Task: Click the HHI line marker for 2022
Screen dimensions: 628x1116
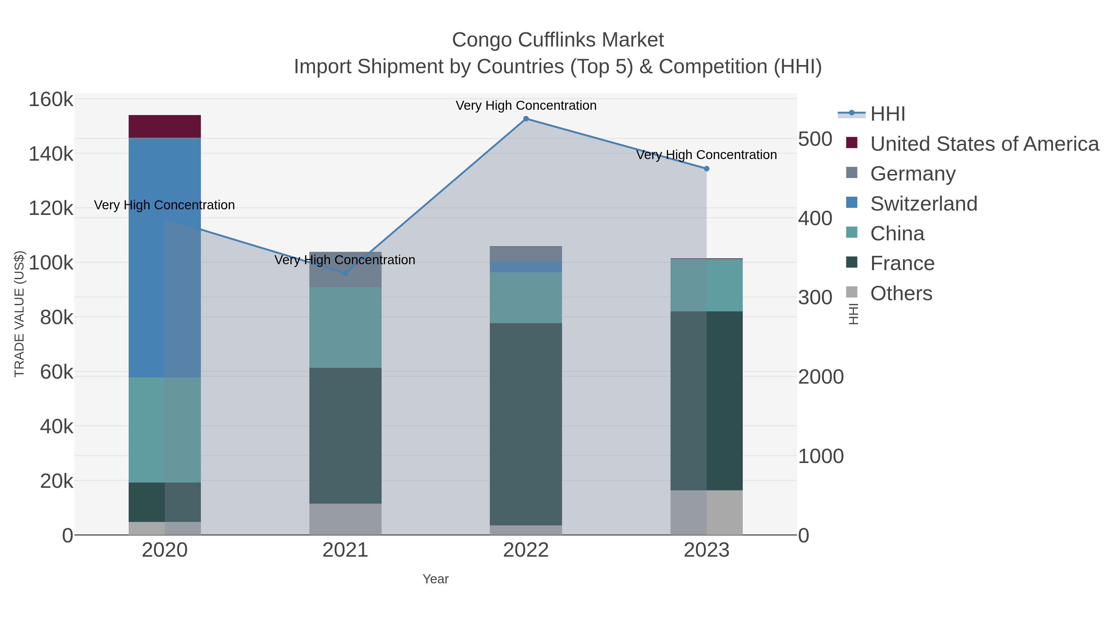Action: pyautogui.click(x=526, y=119)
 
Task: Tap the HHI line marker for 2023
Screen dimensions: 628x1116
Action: pyautogui.click(x=706, y=169)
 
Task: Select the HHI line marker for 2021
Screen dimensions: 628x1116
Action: pyautogui.click(x=345, y=273)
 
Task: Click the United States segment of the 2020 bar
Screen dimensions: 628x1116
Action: pyautogui.click(x=165, y=127)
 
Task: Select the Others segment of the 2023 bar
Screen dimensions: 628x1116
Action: pyautogui.click(x=706, y=512)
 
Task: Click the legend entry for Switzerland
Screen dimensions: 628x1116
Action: pyautogui.click(x=924, y=204)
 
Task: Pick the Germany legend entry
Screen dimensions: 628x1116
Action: pyautogui.click(x=913, y=174)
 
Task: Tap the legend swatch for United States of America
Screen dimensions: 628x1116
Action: pyautogui.click(x=852, y=143)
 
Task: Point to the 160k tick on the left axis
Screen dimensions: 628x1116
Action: pyautogui.click(x=51, y=100)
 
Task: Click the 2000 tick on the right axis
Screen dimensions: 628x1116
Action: pyautogui.click(x=821, y=376)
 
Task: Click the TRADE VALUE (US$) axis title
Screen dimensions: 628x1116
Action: pyautogui.click(x=20, y=314)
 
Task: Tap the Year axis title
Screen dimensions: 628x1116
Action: pyautogui.click(x=436, y=579)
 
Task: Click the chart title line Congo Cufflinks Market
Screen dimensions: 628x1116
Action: pyautogui.click(x=558, y=40)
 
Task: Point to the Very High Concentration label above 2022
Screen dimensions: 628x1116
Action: pyautogui.click(x=526, y=106)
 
